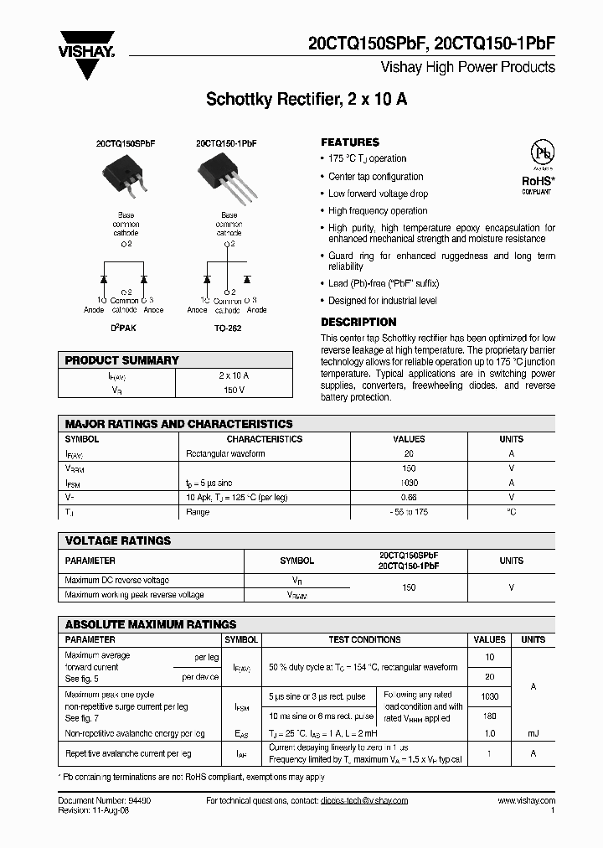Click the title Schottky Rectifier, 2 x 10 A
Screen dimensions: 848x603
pos(307,100)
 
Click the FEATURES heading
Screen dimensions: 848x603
pos(350,142)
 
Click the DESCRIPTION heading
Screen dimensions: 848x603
pos(358,322)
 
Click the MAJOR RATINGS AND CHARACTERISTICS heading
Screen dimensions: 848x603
pos(179,424)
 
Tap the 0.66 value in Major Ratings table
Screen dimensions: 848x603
pos(409,497)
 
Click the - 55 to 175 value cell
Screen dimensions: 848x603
pos(409,511)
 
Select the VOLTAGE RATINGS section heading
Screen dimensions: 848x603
pos(118,541)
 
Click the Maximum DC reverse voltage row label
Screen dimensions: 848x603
pos(116,580)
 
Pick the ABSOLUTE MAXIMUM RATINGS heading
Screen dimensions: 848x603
pos(151,624)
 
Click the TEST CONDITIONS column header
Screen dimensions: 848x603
pos(364,639)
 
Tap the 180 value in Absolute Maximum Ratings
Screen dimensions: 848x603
pos(490,716)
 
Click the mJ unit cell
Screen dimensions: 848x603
pos(533,734)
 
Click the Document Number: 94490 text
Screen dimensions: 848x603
pos(104,801)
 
